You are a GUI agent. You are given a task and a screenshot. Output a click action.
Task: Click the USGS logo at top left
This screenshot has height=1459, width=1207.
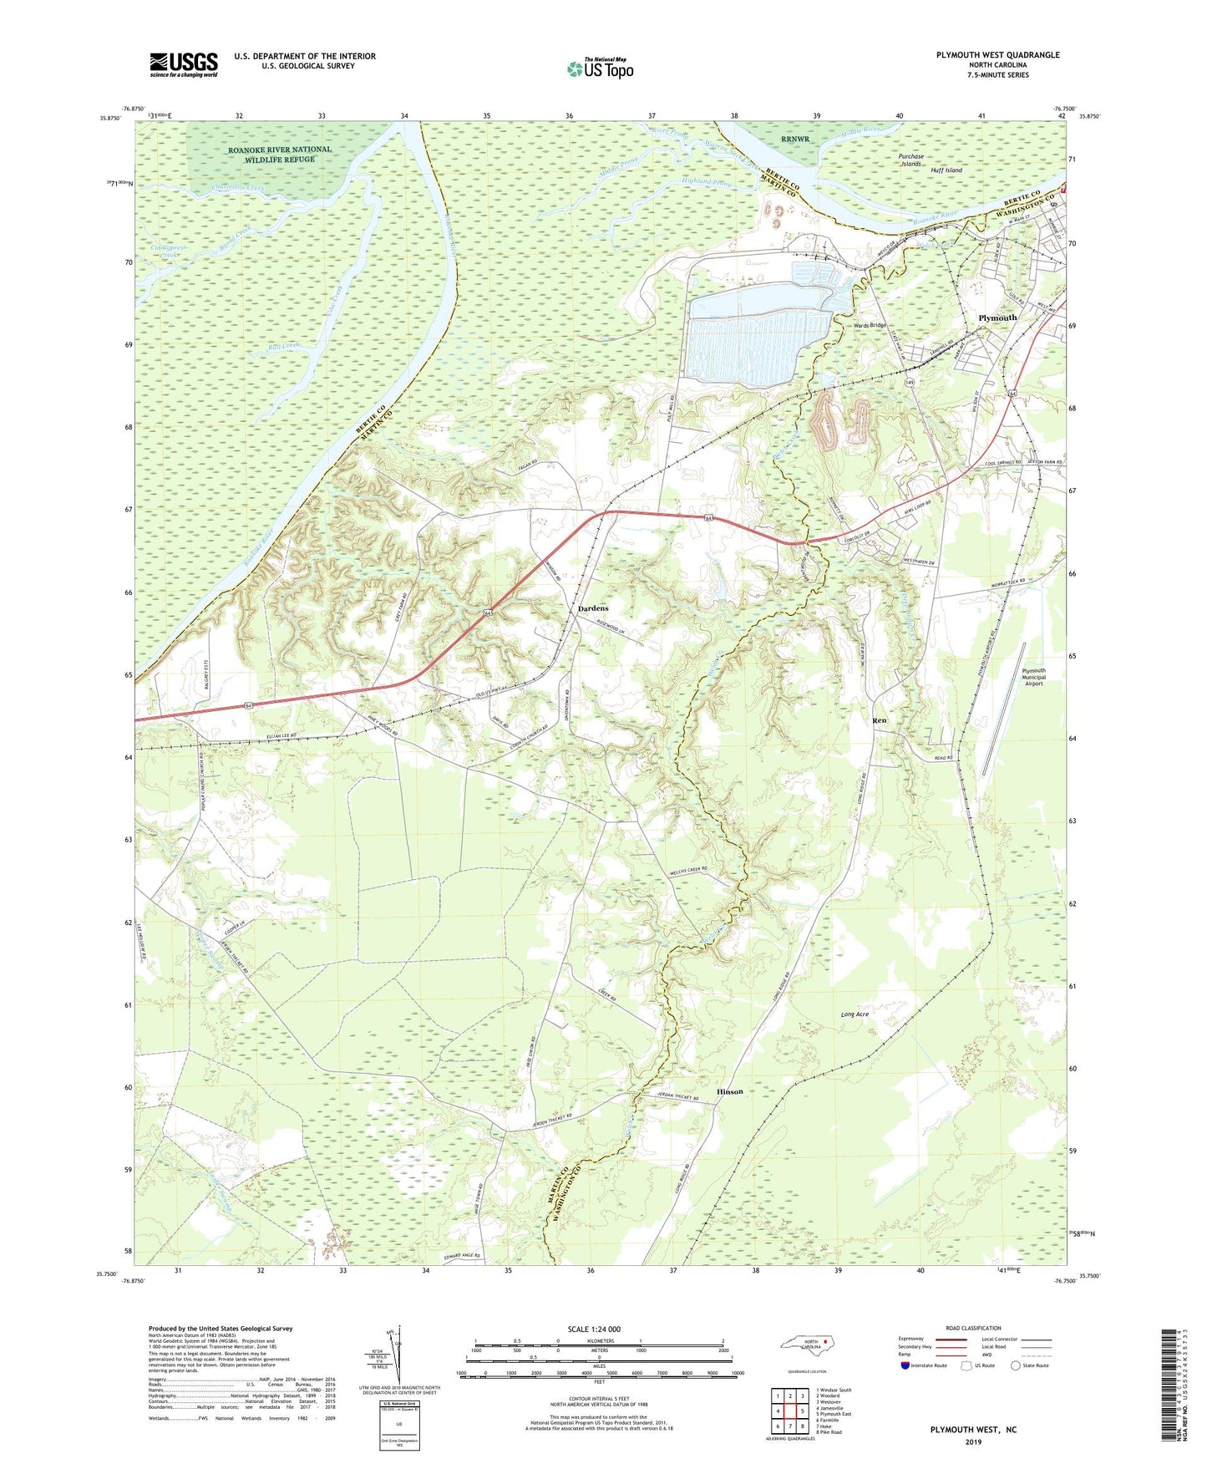coord(183,64)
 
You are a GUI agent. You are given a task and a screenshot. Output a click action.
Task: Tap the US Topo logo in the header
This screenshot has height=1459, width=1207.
coord(600,69)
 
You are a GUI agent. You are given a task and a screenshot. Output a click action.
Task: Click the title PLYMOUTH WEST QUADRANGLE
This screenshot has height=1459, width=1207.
coord(997,55)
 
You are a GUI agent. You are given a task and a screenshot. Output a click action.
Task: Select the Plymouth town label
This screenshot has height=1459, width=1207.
coord(997,318)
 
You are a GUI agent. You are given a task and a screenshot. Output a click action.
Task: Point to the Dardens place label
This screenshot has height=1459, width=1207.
coord(593,608)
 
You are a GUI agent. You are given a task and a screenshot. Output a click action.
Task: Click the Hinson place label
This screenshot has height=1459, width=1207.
coord(729,1091)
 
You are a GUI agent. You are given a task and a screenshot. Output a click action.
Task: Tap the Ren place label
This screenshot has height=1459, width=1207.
coord(879,720)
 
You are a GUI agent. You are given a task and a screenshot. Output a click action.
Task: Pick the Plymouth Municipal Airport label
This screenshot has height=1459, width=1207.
coord(1033,677)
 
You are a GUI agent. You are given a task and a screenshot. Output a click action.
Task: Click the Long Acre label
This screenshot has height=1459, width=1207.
coord(855,1014)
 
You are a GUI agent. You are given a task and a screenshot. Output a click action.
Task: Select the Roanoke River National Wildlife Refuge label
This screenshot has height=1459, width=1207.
coord(279,154)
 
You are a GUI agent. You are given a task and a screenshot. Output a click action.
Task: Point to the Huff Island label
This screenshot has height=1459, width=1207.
coord(946,170)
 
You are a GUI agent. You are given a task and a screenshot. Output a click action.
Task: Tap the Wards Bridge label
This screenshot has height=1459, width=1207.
coord(869,325)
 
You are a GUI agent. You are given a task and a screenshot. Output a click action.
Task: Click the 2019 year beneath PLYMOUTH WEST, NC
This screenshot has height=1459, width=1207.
coord(973,1441)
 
